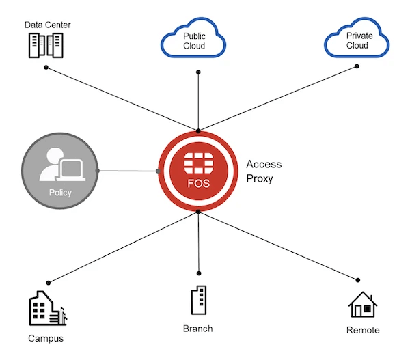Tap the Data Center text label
pyautogui.click(x=48, y=25)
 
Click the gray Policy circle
pyautogui.click(x=60, y=170)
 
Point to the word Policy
pyautogui.click(x=60, y=193)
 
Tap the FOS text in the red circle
pyautogui.click(x=198, y=184)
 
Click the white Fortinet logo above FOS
pyautogui.click(x=198, y=163)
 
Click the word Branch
pyautogui.click(x=197, y=329)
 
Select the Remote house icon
pyautogui.click(x=363, y=305)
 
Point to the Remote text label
pyautogui.click(x=363, y=331)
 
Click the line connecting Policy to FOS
pyautogui.click(x=128, y=171)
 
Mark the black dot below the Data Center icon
pyautogui.click(x=46, y=67)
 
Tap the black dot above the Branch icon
pyautogui.click(x=199, y=271)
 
